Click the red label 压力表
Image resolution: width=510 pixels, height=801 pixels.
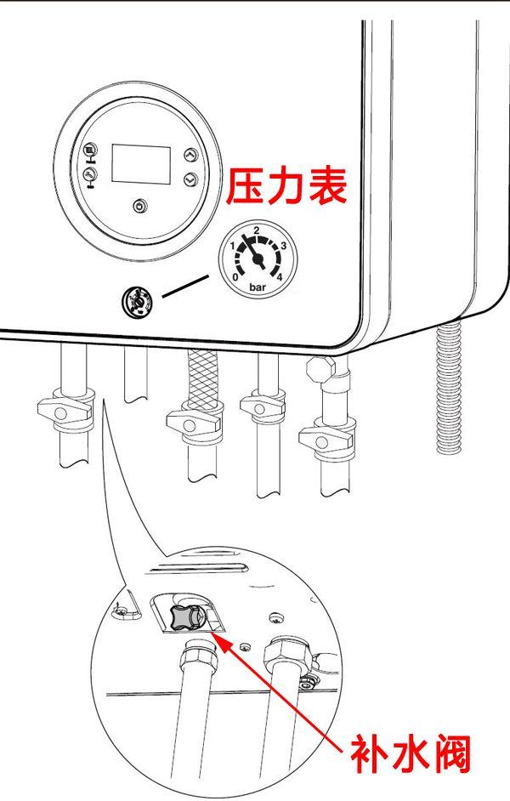pyautogui.click(x=286, y=188)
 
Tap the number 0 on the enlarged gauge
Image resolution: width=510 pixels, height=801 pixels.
pyautogui.click(x=235, y=276)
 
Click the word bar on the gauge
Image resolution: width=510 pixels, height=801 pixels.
pyautogui.click(x=257, y=287)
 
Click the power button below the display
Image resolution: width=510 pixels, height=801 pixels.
pyautogui.click(x=140, y=205)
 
